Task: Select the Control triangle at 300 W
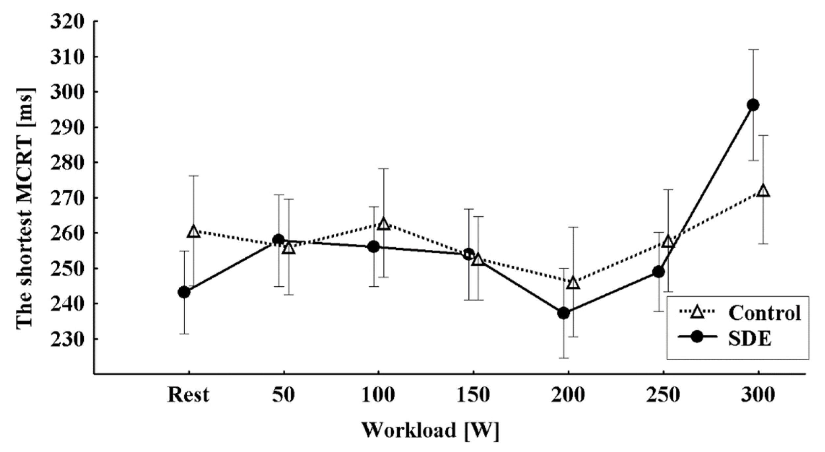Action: (x=763, y=191)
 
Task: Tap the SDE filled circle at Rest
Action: (x=184, y=292)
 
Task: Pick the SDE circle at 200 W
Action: (x=564, y=313)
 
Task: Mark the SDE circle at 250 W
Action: (x=658, y=272)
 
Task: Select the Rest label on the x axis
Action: (x=188, y=395)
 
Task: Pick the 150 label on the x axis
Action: (x=473, y=395)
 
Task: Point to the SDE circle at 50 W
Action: (x=279, y=240)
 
